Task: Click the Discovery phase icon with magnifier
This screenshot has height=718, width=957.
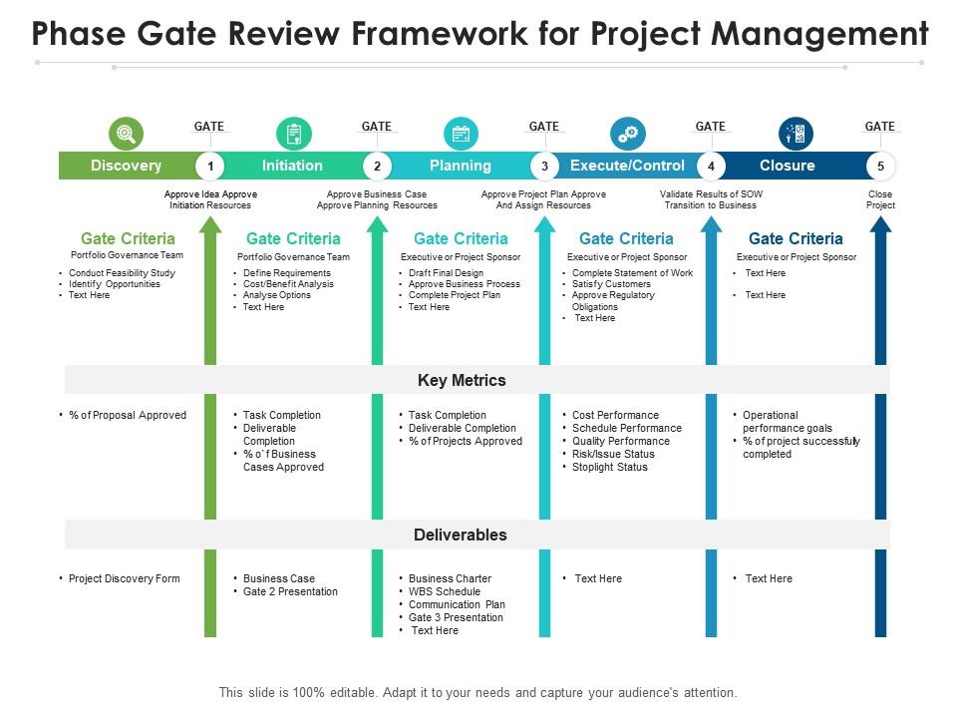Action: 126,133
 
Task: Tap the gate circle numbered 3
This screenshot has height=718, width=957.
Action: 543,166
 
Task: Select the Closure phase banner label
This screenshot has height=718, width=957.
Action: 787,166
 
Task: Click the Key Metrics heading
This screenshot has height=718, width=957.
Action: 462,380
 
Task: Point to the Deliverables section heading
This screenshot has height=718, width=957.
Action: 460,535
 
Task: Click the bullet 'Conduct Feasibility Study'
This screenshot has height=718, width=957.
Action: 122,272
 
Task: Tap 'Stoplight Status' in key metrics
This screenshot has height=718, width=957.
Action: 609,467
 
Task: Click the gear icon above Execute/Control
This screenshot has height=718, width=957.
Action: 628,133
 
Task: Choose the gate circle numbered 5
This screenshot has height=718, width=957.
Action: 880,166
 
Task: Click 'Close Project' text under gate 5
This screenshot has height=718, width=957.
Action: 880,199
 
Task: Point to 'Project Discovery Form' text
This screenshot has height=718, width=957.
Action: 124,578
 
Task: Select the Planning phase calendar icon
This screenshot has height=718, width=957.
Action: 461,133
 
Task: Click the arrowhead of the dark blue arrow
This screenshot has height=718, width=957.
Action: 880,226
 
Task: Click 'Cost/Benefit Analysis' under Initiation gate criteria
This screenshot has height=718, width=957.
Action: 288,284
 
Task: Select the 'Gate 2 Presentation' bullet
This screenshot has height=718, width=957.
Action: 290,591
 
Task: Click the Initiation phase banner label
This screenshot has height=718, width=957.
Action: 292,166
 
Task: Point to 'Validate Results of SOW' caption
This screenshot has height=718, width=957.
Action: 710,194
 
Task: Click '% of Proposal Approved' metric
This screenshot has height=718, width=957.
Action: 127,415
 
